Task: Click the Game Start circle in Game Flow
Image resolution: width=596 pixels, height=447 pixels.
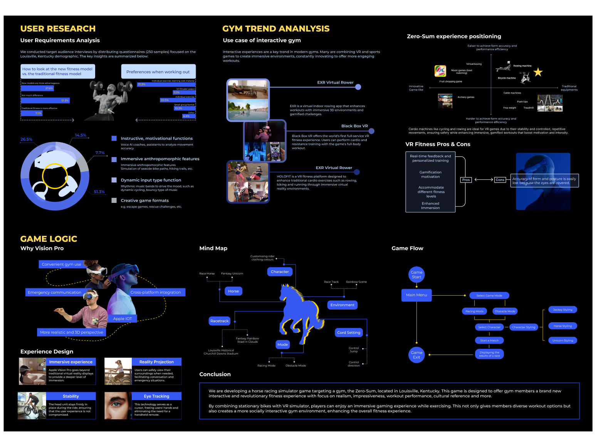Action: [416, 275]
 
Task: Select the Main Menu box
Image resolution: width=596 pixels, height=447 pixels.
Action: [416, 295]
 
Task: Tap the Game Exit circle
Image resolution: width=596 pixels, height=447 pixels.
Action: [416, 355]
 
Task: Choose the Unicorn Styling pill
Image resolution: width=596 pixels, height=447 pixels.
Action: [562, 340]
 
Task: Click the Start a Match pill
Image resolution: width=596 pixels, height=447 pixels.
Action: [489, 340]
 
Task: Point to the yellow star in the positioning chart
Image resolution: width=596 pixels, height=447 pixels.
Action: [538, 72]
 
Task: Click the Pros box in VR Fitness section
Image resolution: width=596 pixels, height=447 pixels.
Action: [466, 180]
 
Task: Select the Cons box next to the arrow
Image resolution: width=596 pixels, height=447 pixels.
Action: [500, 180]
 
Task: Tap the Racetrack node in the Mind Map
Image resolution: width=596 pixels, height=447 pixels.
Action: [220, 321]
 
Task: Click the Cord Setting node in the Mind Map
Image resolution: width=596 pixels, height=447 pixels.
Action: [349, 333]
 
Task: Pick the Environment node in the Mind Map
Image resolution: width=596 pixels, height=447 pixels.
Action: [342, 305]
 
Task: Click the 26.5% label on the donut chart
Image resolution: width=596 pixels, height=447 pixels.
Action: [26, 139]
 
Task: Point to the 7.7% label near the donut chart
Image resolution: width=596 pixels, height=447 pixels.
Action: [100, 153]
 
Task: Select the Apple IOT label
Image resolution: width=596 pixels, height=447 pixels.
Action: [123, 318]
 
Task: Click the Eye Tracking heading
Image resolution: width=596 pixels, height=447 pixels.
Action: [156, 396]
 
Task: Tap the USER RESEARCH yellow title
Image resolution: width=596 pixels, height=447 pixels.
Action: [58, 28]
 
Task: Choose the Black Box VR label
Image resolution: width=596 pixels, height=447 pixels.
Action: [354, 126]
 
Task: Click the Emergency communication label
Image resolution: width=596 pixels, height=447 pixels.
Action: [54, 292]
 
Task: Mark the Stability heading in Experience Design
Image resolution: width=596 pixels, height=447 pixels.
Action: [71, 396]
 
